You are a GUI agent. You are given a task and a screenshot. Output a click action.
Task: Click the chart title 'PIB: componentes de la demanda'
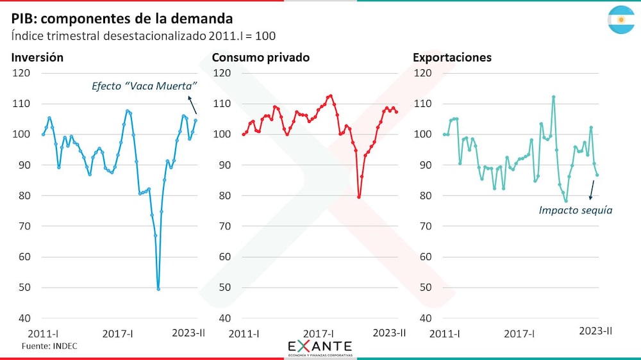122,18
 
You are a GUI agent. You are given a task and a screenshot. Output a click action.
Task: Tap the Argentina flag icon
620,19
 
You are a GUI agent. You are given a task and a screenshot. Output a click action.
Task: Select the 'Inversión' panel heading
37,58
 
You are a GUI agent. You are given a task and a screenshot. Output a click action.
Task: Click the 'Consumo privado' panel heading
261,58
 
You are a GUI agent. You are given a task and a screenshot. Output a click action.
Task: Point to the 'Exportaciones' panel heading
452,58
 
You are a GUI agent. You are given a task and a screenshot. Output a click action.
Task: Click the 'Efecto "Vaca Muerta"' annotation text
144,86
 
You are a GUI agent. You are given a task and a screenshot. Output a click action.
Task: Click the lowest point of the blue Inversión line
158,289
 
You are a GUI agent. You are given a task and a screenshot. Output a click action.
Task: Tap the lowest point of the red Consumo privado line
359,197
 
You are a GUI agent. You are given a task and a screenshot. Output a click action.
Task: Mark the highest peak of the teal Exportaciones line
553,97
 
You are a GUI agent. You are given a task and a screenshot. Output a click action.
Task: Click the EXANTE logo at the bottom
319,347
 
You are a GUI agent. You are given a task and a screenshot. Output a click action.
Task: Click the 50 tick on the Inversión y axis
22,288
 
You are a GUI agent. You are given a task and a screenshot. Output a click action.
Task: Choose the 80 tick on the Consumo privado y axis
222,195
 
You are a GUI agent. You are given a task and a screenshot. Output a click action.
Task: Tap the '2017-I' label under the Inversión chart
117,333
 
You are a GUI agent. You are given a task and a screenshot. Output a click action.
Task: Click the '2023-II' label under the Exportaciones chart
595,331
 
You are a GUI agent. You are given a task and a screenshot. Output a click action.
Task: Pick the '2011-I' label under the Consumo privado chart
244,333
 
